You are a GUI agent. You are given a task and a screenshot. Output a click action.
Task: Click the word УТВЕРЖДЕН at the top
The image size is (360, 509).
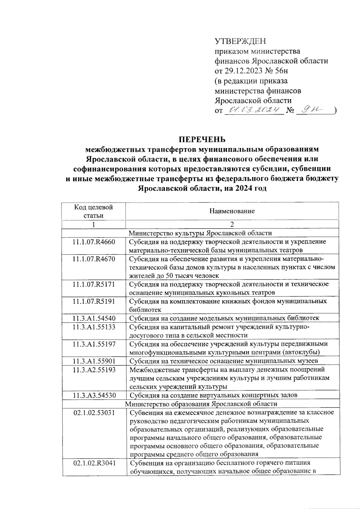[240, 41]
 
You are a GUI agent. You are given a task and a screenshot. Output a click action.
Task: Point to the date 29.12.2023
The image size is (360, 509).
[244, 71]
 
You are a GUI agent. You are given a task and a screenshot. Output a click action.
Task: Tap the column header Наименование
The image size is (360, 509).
[232, 211]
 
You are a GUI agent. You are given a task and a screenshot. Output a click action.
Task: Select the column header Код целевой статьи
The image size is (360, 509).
[93, 211]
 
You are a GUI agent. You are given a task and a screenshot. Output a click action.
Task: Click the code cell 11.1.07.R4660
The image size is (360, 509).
[94, 242]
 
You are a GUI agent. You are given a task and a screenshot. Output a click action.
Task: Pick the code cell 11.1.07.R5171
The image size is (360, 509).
[94, 284]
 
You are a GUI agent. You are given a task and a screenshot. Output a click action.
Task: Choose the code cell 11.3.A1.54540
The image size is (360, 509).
[94, 318]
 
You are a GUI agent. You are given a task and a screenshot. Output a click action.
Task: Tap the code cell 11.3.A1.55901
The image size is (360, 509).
[94, 361]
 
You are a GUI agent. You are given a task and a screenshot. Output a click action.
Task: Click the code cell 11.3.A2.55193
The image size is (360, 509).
[94, 370]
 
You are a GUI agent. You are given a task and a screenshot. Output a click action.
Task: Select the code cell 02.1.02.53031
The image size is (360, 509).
[94, 412]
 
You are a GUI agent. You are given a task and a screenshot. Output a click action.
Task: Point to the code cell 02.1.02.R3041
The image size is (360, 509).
[94, 463]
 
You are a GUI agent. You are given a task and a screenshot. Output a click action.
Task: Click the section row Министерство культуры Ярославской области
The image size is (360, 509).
[200, 233]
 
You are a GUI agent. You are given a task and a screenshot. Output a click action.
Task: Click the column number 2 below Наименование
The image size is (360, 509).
[232, 224]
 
